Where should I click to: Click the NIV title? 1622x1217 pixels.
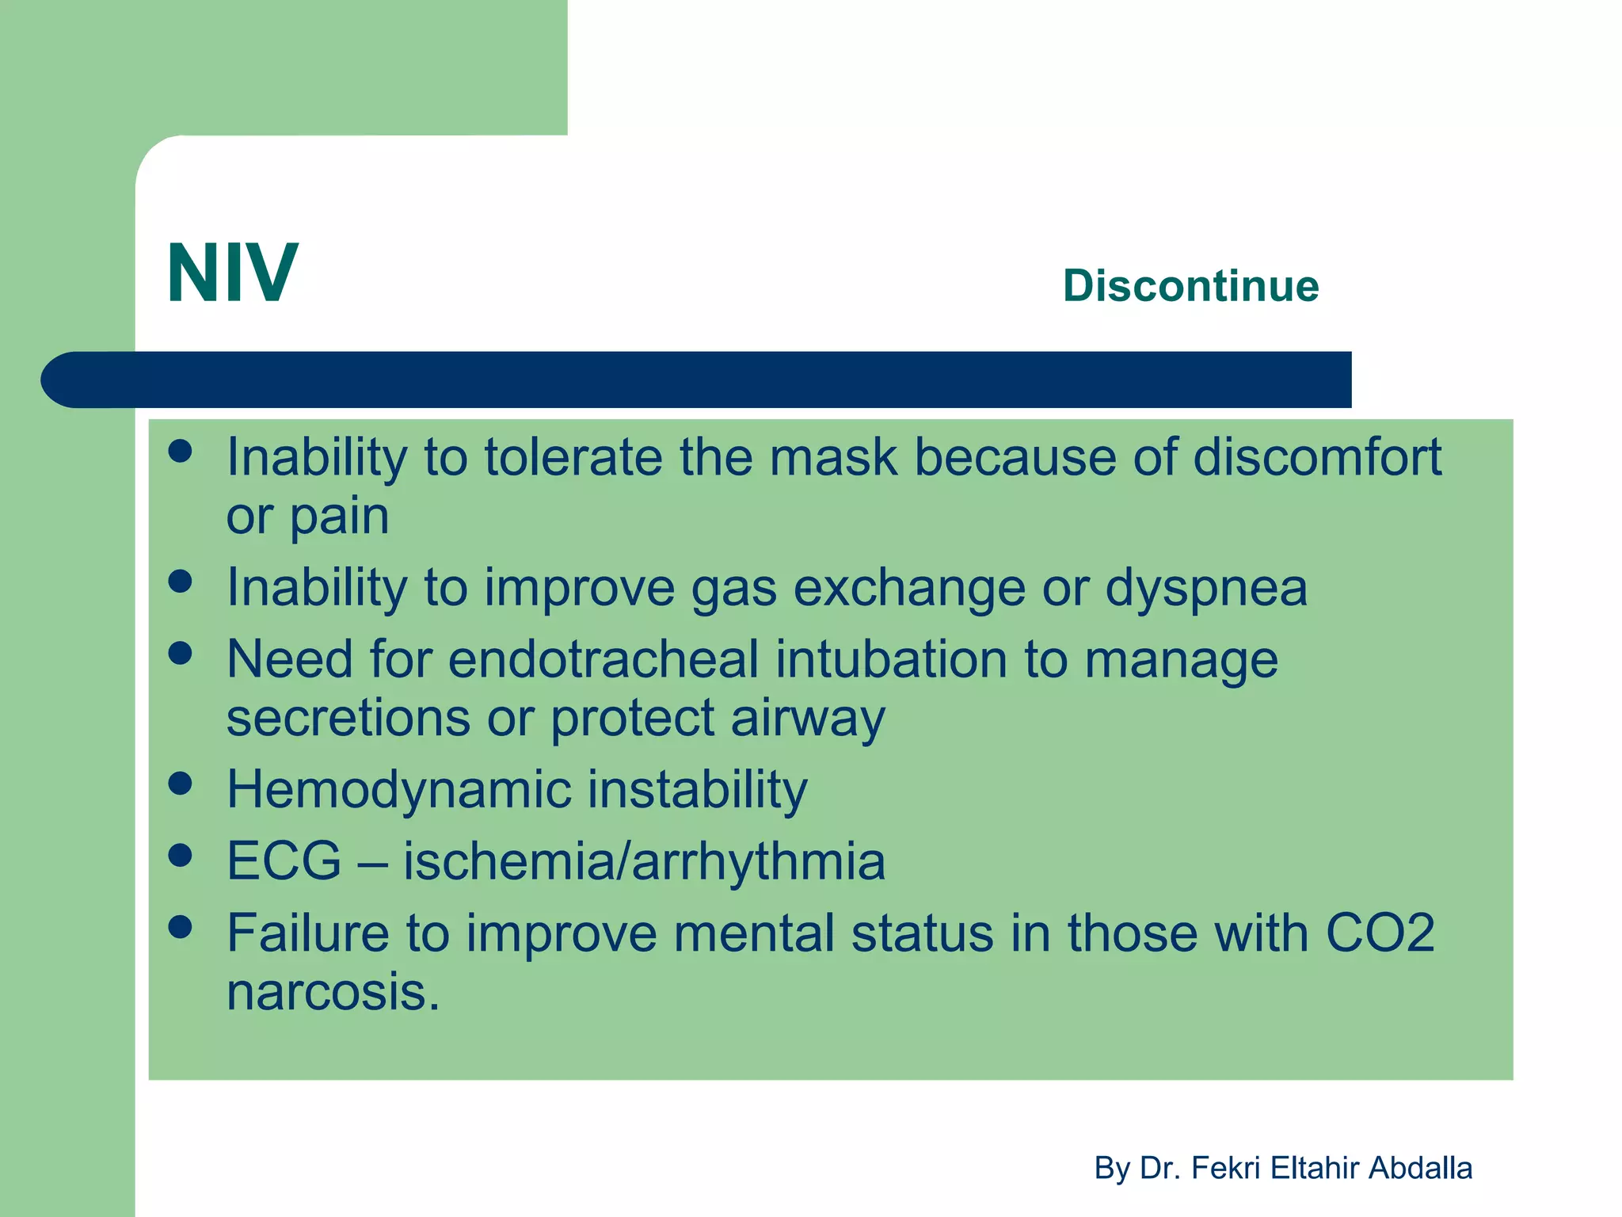pos(232,273)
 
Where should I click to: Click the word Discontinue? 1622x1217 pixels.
pos(1190,285)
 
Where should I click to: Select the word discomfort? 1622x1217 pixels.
pos(1317,457)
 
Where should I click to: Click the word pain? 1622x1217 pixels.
pos(340,517)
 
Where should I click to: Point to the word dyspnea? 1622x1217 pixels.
pos(1205,588)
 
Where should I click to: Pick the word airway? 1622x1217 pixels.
pos(808,718)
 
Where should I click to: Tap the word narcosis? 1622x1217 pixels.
pos(333,992)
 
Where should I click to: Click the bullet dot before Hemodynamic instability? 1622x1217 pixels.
pos(181,784)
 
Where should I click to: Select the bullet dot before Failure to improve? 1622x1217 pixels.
pos(181,927)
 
